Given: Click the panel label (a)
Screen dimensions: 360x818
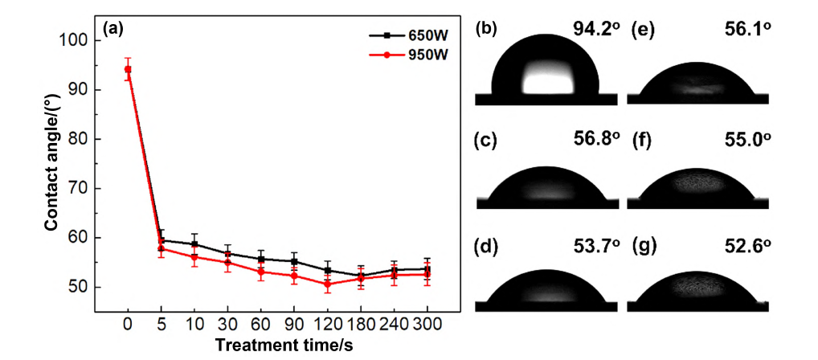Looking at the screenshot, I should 113,29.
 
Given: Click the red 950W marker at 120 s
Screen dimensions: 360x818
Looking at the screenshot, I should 327,284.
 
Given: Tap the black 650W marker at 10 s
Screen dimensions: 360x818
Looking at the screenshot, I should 194,244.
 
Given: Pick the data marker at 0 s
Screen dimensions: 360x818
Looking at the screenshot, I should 128,69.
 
